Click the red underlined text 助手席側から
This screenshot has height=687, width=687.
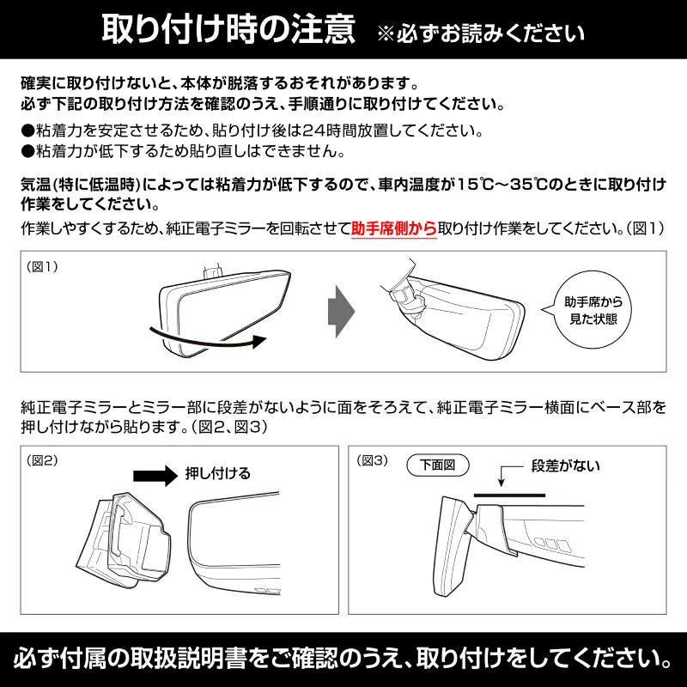pyautogui.click(x=394, y=231)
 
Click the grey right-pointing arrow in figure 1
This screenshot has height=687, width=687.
pyautogui.click(x=342, y=310)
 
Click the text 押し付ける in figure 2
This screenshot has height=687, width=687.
pyautogui.click(x=218, y=473)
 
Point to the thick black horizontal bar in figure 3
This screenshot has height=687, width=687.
pyautogui.click(x=508, y=495)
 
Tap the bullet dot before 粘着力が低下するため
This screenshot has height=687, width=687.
pyautogui.click(x=27, y=151)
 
